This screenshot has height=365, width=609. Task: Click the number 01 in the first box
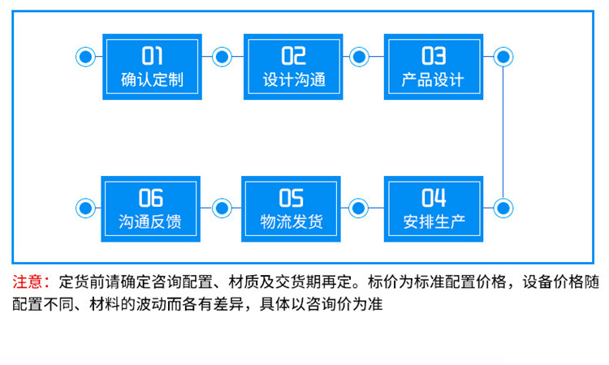tap(153, 56)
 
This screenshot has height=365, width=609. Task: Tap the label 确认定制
tap(153, 80)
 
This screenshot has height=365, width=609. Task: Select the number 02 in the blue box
tap(293, 56)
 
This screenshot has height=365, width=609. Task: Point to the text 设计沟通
tap(293, 80)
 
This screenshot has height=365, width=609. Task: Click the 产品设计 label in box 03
tap(433, 80)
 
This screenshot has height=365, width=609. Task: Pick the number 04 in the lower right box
tap(434, 198)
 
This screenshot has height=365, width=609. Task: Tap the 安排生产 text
tap(434, 221)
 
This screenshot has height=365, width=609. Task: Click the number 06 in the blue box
tap(151, 198)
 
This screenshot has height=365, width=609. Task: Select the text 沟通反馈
tap(151, 221)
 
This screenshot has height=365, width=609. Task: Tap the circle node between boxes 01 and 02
tap(222, 57)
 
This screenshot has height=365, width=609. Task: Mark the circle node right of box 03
tap(503, 57)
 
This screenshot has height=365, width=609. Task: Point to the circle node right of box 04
tap(503, 207)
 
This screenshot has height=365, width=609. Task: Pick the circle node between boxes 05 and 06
tap(222, 207)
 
